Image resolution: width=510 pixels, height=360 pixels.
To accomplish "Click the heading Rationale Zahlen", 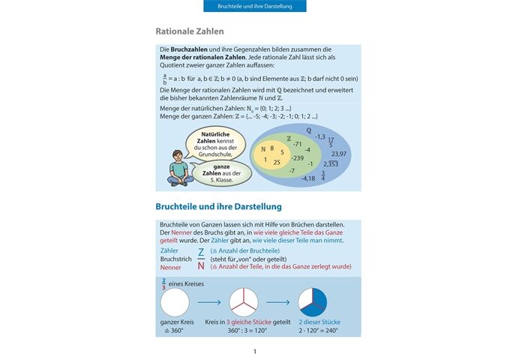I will (189, 31).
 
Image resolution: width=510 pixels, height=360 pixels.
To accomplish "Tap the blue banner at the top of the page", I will (255, 6).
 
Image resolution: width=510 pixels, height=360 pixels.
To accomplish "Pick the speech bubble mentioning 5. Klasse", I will (220, 173).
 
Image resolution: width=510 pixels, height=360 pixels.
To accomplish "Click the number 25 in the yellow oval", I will (277, 162).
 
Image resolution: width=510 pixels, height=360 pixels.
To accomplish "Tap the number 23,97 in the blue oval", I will (338, 153).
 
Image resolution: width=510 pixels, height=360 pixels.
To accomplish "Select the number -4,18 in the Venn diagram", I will (307, 178).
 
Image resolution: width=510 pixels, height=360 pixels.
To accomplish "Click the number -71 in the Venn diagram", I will (297, 143).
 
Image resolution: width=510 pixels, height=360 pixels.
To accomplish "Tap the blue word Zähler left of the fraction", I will (170, 250).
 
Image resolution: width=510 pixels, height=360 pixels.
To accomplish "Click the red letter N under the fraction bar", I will (201, 265).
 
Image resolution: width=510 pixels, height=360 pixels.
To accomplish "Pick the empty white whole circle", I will (175, 302).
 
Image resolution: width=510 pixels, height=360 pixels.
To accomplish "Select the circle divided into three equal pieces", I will (244, 302).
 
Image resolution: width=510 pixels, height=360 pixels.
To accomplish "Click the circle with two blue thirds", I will (313, 302).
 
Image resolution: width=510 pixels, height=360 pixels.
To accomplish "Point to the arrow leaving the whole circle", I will (209, 302).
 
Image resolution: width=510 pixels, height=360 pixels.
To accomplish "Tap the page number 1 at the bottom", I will (255, 351).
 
